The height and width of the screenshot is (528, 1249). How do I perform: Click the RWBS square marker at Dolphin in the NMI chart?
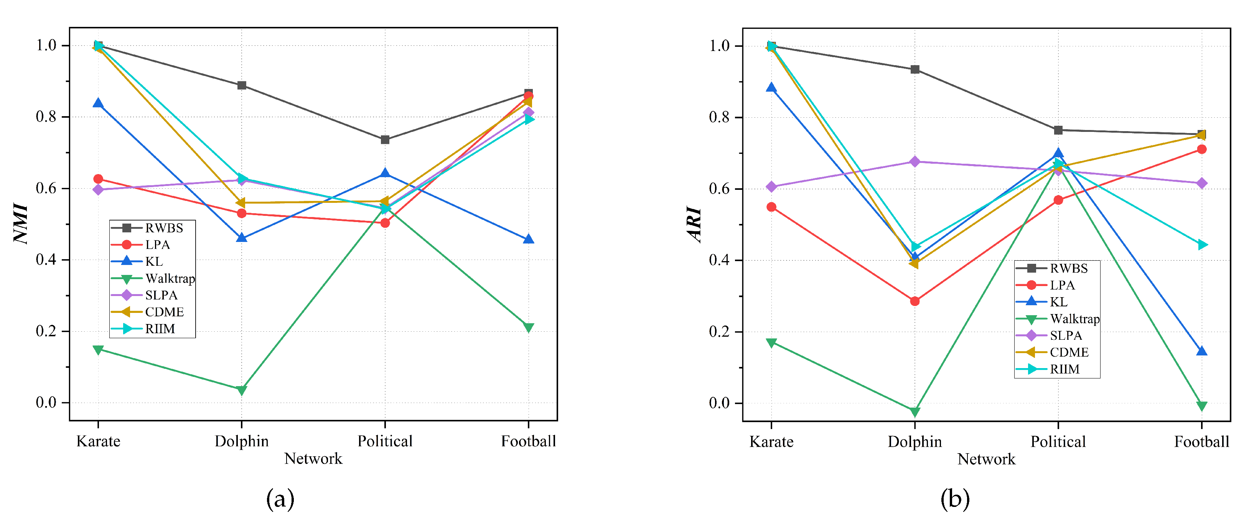click(241, 86)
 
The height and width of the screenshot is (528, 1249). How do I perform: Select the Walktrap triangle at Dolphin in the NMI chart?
click(241, 390)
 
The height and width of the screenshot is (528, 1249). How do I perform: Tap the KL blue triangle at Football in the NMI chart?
click(529, 239)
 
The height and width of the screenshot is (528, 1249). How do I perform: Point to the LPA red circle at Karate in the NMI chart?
click(98, 179)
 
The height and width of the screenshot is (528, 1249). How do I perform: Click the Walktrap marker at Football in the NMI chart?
click(529, 328)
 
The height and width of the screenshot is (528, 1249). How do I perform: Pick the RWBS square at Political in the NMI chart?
click(385, 140)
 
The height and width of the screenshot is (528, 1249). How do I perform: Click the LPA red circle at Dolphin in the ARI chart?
click(915, 301)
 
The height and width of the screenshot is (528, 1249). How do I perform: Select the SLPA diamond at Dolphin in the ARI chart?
click(915, 161)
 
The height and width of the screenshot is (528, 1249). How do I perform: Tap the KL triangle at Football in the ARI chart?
click(1201, 351)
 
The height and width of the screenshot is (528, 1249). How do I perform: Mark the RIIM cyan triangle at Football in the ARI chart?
click(1202, 245)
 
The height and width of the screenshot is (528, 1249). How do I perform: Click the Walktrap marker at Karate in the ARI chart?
click(771, 343)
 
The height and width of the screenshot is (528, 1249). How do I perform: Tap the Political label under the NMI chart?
click(385, 441)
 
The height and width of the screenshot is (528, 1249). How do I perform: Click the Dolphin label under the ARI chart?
click(915, 442)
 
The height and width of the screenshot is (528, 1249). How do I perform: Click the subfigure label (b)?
click(955, 499)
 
